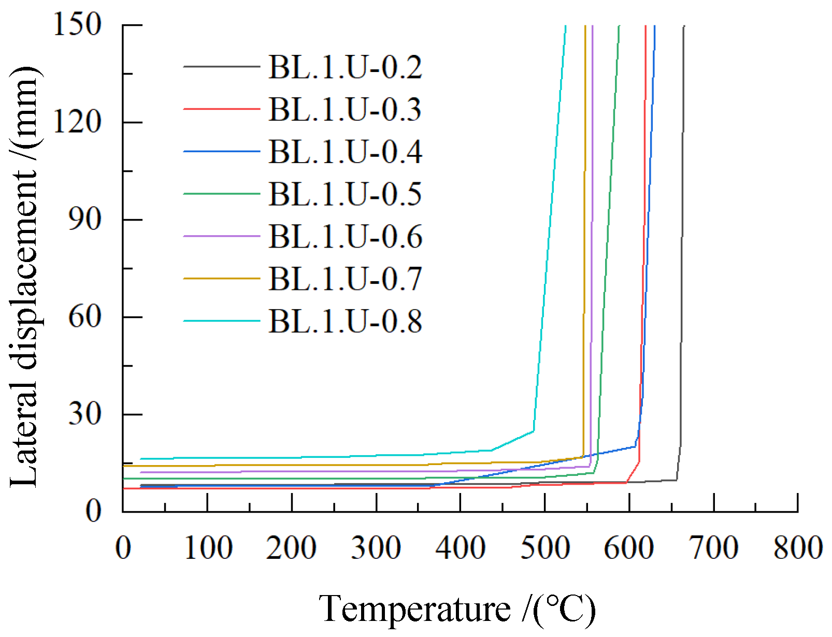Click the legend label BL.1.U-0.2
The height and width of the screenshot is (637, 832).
pos(345,67)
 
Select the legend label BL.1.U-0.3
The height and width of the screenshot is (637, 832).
pos(345,109)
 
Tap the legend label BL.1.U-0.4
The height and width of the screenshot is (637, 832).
pos(345,152)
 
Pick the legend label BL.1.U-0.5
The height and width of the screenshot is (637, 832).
pos(345,194)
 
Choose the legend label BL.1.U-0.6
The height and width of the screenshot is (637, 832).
pos(345,237)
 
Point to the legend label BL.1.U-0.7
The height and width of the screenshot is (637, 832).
pos(345,279)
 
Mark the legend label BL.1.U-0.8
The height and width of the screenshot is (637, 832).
pos(345,321)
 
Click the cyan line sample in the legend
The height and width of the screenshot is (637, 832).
pos(221,321)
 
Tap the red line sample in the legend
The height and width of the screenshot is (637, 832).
pos(221,109)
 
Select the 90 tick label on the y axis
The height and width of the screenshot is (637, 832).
pos(84,219)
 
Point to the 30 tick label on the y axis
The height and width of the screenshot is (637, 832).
pos(84,414)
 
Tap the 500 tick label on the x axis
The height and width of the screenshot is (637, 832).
pos(544,548)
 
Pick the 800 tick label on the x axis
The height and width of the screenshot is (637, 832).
pos(797,548)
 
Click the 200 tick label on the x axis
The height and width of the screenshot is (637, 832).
pos(291,548)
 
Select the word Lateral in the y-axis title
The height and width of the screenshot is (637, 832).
pos(24,445)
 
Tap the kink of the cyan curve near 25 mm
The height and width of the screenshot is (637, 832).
pos(534,431)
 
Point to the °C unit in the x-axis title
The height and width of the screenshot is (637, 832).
pos(566,609)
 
